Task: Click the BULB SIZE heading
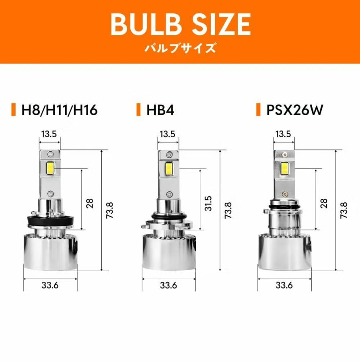[181, 24]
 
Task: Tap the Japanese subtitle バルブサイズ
[180, 48]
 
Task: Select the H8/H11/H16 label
[60, 110]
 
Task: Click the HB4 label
[160, 110]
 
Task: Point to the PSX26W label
[295, 110]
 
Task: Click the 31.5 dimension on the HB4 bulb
[208, 203]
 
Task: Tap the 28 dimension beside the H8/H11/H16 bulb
[89, 203]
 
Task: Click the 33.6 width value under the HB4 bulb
[169, 285]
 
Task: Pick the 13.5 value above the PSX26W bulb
[283, 134]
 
